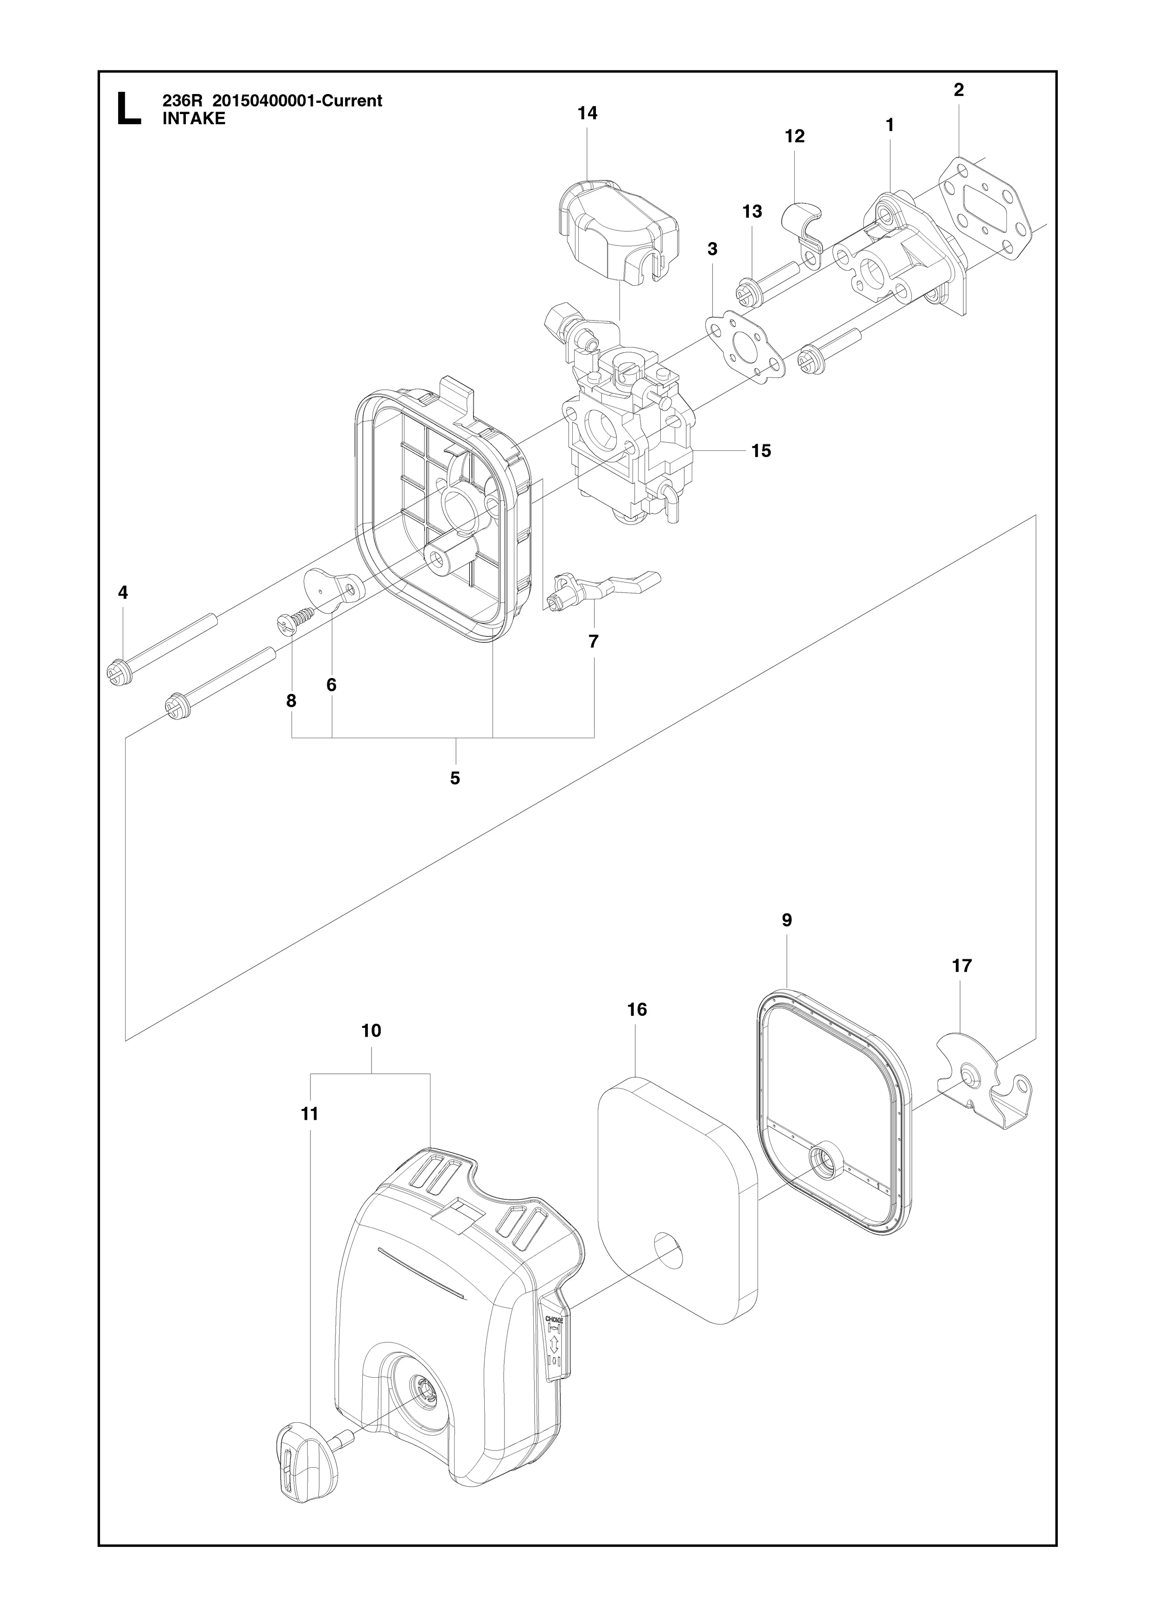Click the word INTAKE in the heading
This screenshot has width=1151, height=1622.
194,119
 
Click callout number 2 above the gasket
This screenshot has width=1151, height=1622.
959,89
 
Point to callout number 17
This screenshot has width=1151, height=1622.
962,965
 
